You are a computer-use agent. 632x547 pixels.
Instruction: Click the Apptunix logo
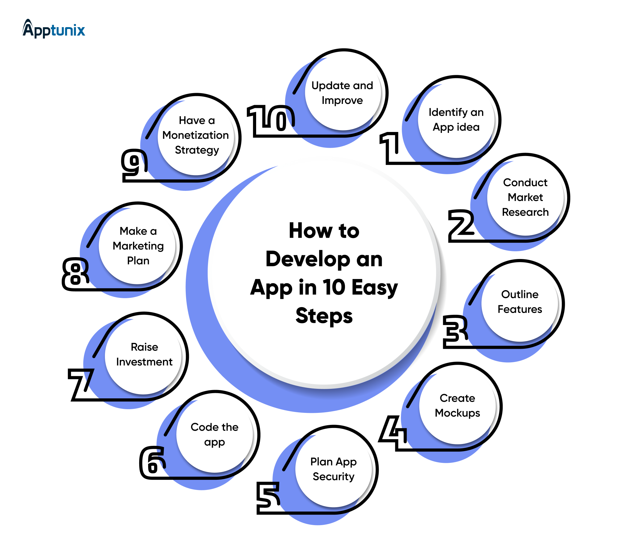[54, 29]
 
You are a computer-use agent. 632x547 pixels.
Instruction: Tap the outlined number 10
[271, 119]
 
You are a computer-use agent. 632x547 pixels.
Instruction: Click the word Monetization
[196, 135]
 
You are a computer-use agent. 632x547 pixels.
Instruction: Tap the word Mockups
[457, 413]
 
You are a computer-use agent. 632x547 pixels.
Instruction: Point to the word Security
[333, 477]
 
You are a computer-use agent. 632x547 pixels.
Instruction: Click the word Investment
[144, 362]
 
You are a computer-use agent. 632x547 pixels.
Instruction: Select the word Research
[525, 212]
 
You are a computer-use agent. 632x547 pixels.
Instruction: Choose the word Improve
[342, 101]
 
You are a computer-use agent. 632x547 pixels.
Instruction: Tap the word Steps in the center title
[324, 316]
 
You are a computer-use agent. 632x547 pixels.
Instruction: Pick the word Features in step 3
[520, 309]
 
